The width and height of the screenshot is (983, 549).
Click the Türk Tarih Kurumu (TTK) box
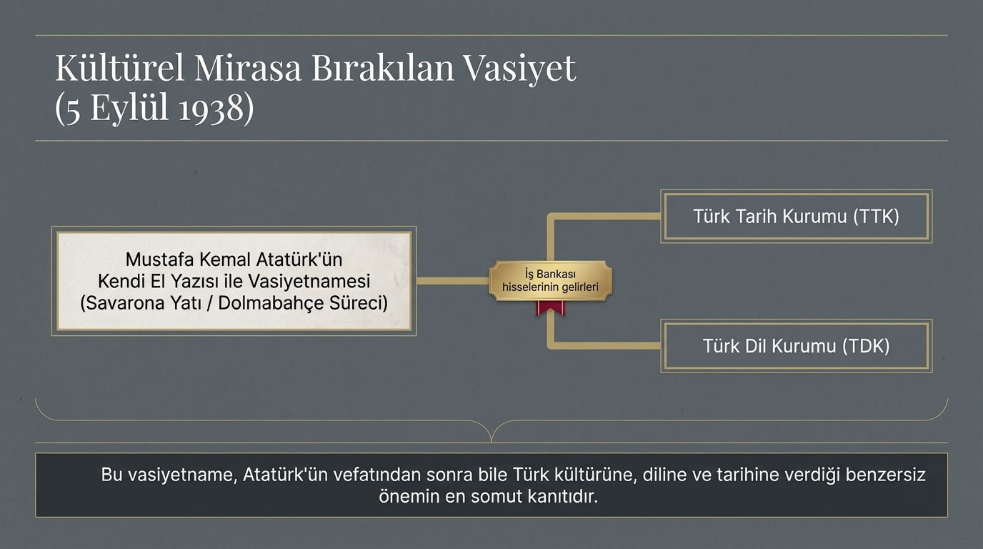coord(796,216)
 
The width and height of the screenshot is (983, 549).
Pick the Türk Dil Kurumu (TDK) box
coord(796,346)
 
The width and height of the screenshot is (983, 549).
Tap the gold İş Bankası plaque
coord(550,281)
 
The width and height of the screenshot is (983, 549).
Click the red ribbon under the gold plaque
coord(550,308)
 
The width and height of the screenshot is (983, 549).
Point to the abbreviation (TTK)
coord(876,216)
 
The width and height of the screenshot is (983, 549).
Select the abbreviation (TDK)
coord(866,346)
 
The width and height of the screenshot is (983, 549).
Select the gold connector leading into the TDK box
coord(607,346)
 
